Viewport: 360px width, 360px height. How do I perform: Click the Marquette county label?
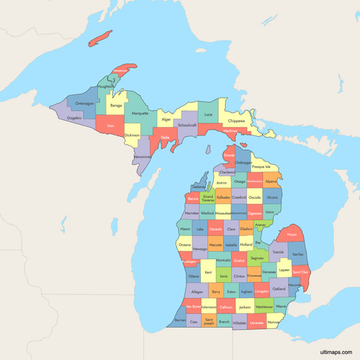(140, 113)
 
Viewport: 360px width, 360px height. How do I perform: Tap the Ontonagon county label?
(85, 103)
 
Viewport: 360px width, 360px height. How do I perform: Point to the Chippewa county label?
(236, 121)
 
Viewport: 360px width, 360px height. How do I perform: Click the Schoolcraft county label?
(188, 124)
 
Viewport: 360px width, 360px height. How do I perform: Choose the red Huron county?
(291, 235)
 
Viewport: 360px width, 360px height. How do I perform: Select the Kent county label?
(208, 273)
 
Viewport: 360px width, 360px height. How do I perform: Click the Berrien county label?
(179, 319)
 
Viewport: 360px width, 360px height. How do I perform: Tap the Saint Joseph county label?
(209, 320)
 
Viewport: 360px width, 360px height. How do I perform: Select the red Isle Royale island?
(101, 39)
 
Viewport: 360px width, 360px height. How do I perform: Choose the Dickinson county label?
(132, 135)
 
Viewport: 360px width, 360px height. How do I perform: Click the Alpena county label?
(271, 182)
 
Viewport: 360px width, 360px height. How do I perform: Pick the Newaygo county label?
(199, 248)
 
